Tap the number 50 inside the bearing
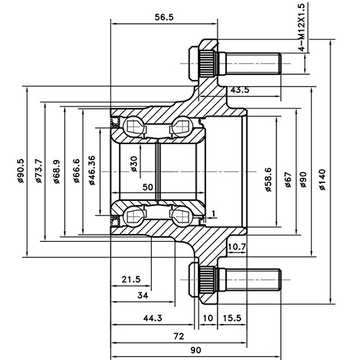click(148, 187)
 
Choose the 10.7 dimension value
click(237, 247)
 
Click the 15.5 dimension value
click(231, 318)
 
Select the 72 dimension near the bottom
click(179, 336)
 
